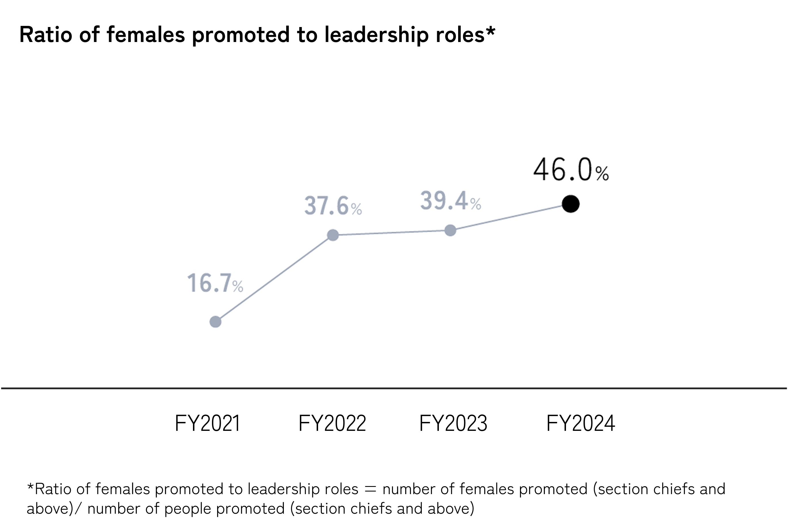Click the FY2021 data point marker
click(215, 322)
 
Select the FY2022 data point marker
click(333, 235)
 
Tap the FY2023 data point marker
click(450, 230)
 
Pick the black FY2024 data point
click(571, 204)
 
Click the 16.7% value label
click(215, 284)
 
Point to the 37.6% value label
click(333, 206)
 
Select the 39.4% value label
click(450, 201)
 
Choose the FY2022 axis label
click(332, 423)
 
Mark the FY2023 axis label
click(453, 423)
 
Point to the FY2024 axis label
click(580, 423)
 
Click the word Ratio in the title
click(46, 35)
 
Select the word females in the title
click(146, 35)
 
